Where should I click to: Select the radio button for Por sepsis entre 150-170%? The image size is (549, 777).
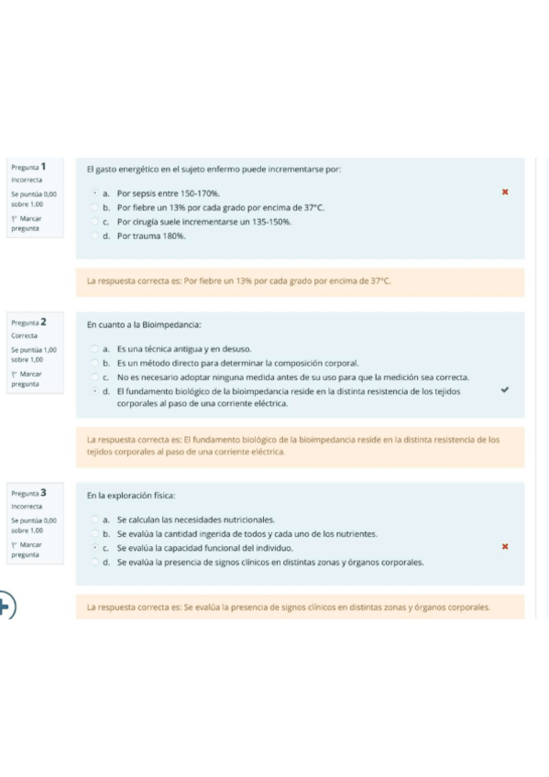[96, 194]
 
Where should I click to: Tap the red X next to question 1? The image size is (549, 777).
[504, 193]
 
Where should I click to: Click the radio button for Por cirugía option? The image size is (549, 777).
[96, 222]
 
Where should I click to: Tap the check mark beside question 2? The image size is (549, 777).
[504, 389]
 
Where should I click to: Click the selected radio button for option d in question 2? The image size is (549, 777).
[96, 390]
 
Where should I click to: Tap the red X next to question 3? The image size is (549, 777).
[504, 547]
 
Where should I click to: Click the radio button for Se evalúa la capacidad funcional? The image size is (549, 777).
[96, 547]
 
